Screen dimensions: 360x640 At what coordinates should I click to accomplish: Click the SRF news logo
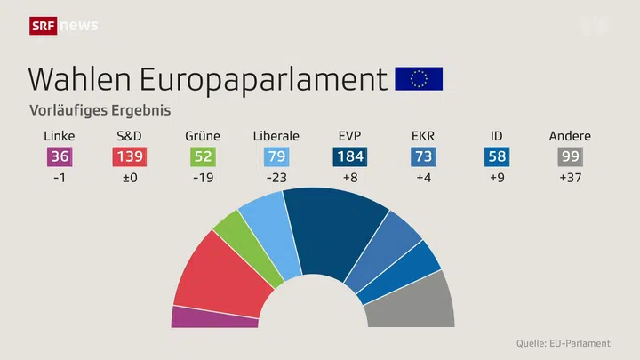pyautogui.click(x=64, y=26)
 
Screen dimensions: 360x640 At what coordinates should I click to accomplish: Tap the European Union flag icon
pyautogui.click(x=419, y=79)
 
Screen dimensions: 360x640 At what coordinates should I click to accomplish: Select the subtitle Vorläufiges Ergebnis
pyautogui.click(x=100, y=112)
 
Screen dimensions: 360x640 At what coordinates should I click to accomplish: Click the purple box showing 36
pyautogui.click(x=59, y=157)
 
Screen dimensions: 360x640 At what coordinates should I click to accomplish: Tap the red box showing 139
pyautogui.click(x=130, y=157)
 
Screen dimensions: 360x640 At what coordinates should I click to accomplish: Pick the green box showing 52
pyautogui.click(x=203, y=157)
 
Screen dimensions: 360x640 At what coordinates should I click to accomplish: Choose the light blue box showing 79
pyautogui.click(x=276, y=157)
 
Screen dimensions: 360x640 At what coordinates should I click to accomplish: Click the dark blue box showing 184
pyautogui.click(x=349, y=157)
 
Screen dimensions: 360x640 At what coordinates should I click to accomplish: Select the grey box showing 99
pyautogui.click(x=570, y=157)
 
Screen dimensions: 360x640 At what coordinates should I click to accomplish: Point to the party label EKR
pyautogui.click(x=423, y=136)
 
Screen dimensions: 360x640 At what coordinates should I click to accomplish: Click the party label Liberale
pyautogui.click(x=276, y=136)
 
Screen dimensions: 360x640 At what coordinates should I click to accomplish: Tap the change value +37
pyautogui.click(x=570, y=178)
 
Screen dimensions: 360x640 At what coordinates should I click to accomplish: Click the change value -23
pyautogui.click(x=276, y=178)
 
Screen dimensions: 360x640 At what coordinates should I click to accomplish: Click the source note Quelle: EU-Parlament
pyautogui.click(x=564, y=343)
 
